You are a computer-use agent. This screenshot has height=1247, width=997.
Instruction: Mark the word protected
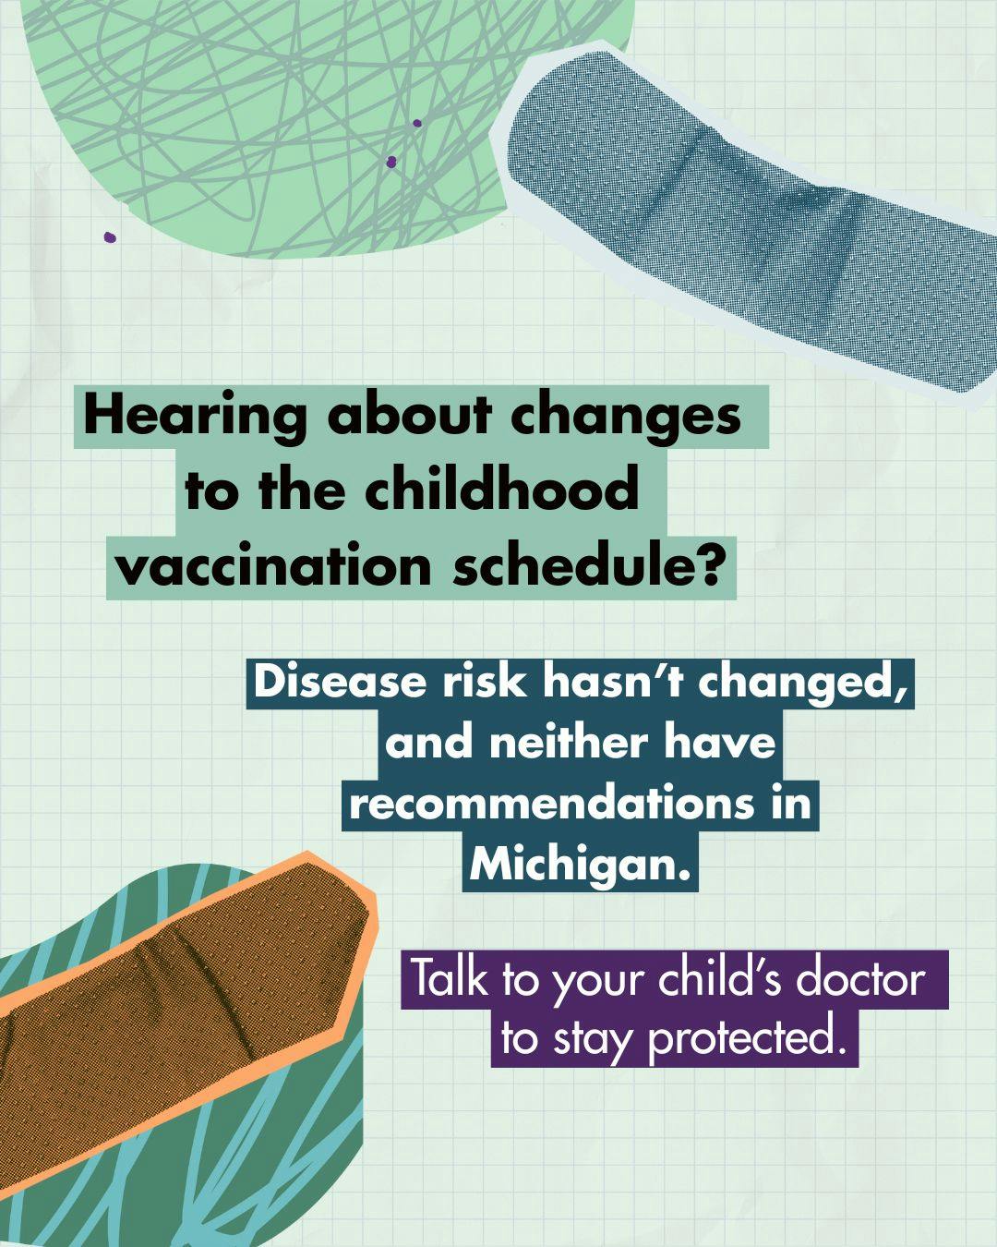click(x=748, y=1038)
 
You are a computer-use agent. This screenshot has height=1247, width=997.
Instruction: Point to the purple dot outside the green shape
click(x=110, y=237)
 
